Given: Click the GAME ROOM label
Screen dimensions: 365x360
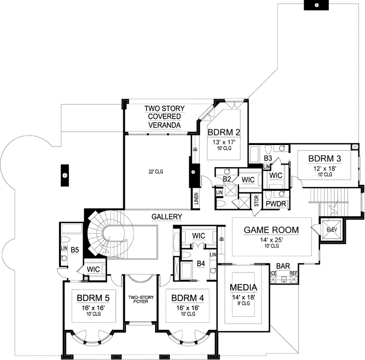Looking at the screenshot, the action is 271,230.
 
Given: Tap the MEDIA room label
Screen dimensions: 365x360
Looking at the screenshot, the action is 244,287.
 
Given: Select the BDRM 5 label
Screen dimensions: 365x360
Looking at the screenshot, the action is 93,298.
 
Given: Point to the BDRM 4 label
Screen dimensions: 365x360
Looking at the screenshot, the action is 188,298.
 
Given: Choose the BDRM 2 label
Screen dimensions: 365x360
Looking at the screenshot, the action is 224,132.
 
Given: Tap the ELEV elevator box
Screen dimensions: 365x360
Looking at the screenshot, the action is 332,230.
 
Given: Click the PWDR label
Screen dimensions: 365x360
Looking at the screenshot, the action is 276,204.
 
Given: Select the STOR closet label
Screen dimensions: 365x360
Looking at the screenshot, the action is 257,201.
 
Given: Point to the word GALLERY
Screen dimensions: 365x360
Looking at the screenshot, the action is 167,217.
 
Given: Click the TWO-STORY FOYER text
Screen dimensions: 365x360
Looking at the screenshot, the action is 141,300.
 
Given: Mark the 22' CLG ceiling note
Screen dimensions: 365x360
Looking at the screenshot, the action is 156,172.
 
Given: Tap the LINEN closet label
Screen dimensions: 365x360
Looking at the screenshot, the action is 196,198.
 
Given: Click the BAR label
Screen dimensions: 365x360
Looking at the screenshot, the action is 283,266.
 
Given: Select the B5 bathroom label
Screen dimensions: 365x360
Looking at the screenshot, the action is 75,250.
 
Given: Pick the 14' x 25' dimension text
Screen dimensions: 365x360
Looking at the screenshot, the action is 271,240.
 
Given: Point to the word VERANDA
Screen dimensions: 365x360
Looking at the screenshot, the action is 164,125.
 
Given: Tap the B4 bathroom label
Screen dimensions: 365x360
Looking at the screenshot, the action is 201,263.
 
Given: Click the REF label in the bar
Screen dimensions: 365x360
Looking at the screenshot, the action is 294,273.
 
